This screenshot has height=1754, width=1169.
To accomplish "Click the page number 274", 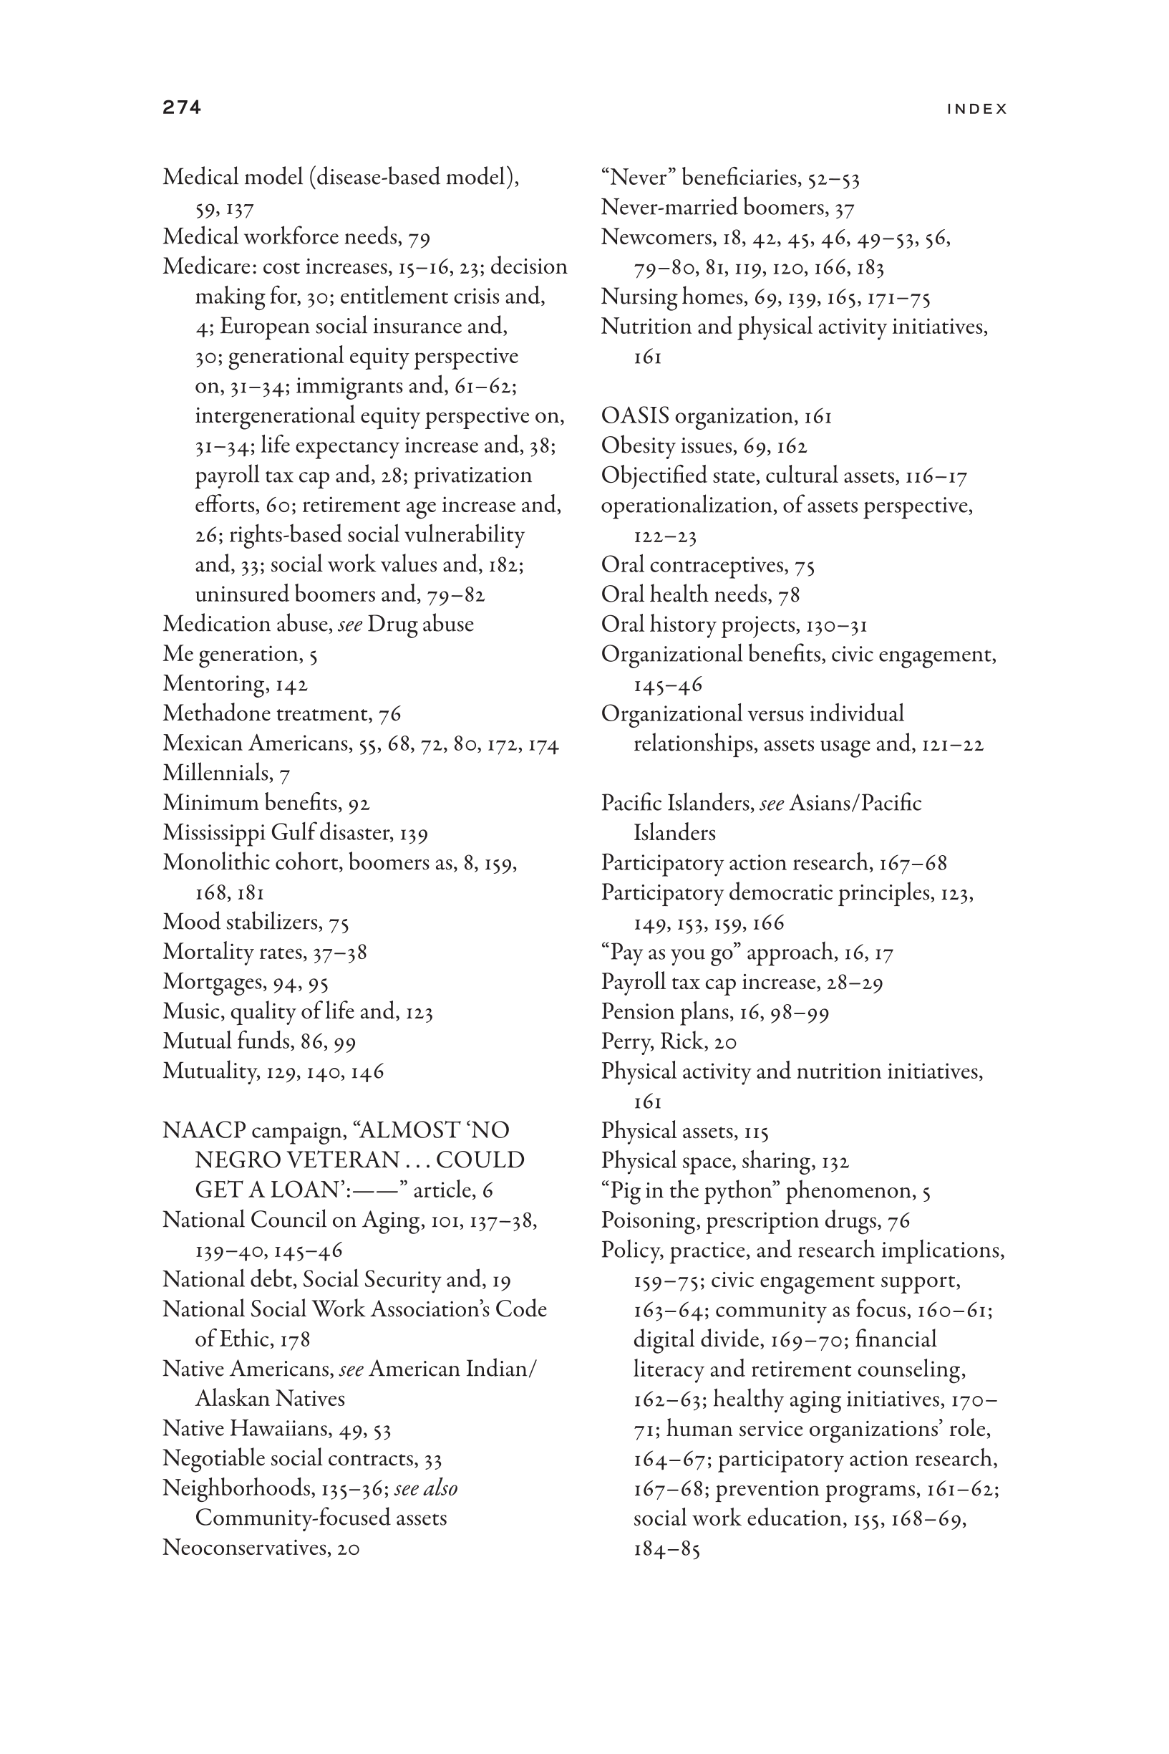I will coord(182,107).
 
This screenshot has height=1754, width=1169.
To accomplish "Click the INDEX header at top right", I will coord(976,109).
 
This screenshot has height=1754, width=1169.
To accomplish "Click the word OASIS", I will coord(635,416).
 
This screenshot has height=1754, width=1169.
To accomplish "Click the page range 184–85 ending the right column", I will coord(666,1549).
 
